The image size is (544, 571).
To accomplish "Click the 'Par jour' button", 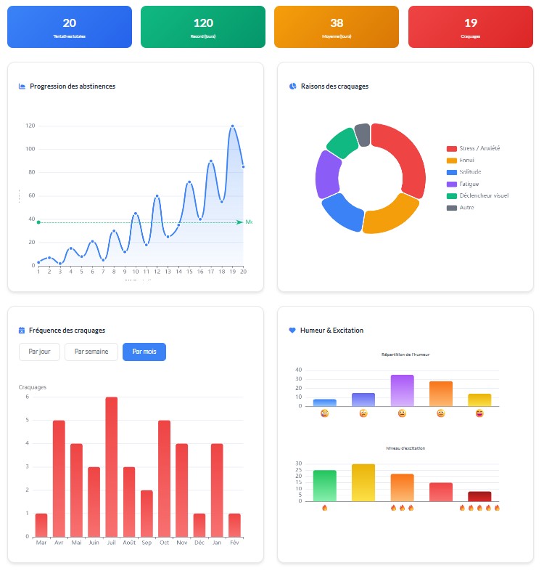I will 39,352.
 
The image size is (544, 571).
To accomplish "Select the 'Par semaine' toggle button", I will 91,352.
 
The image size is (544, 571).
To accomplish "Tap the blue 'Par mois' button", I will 144,352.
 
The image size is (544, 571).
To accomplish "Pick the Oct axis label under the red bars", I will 164,542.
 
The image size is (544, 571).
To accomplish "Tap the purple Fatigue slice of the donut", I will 327,174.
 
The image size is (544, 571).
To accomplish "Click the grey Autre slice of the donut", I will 363,134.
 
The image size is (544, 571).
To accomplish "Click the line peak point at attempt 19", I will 232,126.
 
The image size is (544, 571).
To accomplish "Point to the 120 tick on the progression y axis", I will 30,126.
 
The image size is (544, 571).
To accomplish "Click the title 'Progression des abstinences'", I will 73,86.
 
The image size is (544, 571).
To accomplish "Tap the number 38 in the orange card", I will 337,23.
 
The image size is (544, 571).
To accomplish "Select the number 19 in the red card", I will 470,23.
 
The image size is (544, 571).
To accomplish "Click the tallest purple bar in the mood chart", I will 402,390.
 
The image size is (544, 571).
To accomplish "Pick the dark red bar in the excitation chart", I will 479,496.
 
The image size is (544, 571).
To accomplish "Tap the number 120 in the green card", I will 203,23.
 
